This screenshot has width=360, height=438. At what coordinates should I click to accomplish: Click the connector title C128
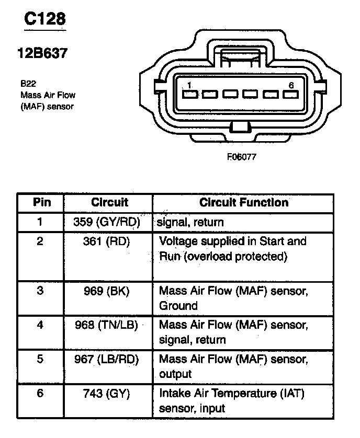(x=46, y=20)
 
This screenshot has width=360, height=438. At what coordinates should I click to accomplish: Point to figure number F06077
(x=241, y=156)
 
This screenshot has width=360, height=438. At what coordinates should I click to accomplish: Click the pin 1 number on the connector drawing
(x=189, y=85)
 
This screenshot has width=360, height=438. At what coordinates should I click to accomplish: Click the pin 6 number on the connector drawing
(x=291, y=85)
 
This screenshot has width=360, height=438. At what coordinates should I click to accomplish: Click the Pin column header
(x=41, y=202)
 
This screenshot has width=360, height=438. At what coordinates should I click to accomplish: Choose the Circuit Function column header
(x=244, y=202)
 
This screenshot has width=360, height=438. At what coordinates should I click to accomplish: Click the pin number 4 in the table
(x=40, y=325)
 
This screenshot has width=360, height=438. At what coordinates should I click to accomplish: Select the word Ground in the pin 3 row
(x=178, y=306)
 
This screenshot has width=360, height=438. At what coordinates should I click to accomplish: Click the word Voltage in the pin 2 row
(x=177, y=241)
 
